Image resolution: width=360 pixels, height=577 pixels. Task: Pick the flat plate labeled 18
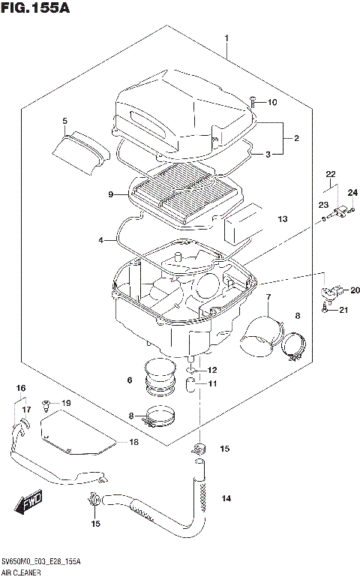coord(75,443)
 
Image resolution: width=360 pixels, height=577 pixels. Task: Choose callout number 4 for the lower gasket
coord(100,240)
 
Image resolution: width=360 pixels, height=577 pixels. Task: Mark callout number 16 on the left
coord(22,388)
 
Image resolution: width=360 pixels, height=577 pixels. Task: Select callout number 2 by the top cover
coord(296,138)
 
